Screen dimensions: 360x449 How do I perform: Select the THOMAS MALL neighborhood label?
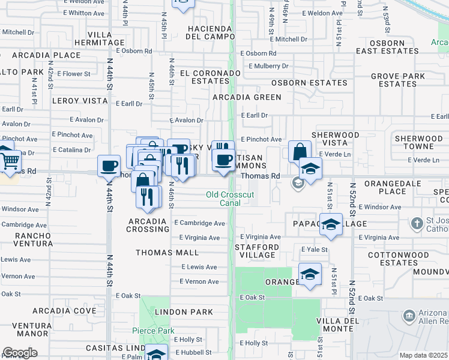click(167, 253)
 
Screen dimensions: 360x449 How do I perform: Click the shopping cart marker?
click(8, 160)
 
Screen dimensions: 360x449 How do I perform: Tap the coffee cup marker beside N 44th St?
click(109, 166)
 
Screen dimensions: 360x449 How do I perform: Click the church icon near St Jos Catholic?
click(418, 224)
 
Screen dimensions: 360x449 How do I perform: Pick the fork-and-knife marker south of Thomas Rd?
click(148, 196)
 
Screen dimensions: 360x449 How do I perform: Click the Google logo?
click(20, 353)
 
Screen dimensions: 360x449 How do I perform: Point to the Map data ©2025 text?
click(423, 355)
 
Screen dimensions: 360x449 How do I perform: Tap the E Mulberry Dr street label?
click(264, 66)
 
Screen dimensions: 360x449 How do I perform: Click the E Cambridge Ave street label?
click(199, 223)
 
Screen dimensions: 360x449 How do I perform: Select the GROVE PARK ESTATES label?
click(397, 80)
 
